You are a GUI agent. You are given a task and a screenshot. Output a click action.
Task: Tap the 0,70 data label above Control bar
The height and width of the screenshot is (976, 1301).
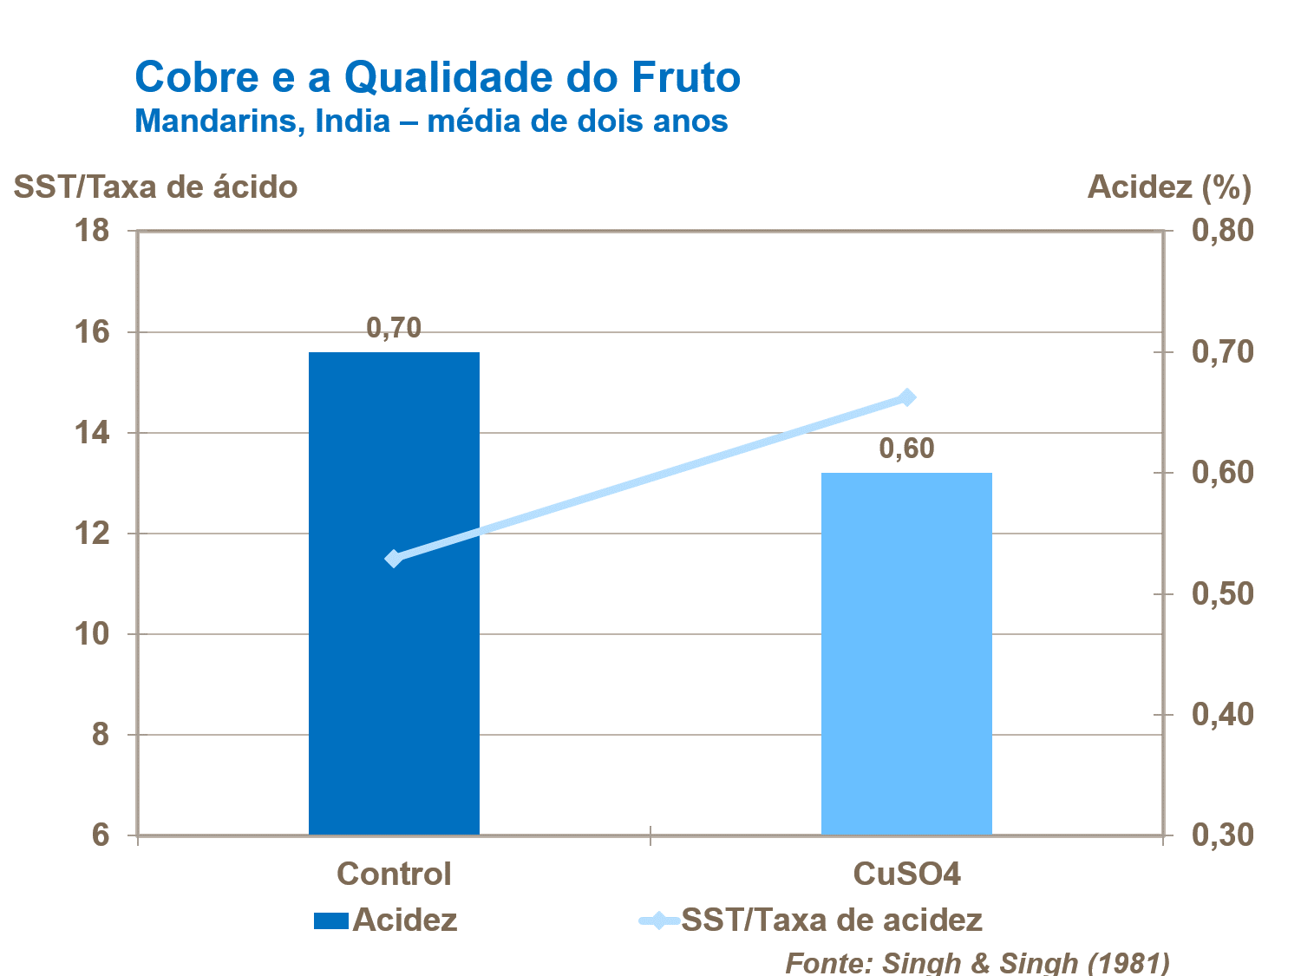pyautogui.click(x=394, y=328)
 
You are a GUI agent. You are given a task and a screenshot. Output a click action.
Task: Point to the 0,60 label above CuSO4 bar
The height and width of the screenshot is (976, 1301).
pyautogui.click(x=906, y=449)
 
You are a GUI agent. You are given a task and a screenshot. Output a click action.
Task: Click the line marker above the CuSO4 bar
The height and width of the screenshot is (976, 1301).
pyautogui.click(x=907, y=397)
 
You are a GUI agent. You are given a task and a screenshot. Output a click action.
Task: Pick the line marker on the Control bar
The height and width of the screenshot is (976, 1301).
pyautogui.click(x=394, y=559)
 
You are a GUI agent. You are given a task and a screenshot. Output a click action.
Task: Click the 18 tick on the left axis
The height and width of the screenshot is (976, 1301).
pyautogui.click(x=93, y=231)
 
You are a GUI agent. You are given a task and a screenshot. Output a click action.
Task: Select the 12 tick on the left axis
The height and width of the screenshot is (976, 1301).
pyautogui.click(x=93, y=534)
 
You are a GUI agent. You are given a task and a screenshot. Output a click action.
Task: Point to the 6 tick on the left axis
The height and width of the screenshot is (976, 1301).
pyautogui.click(x=101, y=835)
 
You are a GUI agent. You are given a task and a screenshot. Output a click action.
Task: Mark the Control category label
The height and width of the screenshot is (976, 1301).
pyautogui.click(x=394, y=874)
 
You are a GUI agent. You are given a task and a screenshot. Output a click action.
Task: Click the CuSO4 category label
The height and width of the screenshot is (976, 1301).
pyautogui.click(x=907, y=874)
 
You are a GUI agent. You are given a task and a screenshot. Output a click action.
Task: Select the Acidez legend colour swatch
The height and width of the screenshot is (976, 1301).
pyautogui.click(x=330, y=920)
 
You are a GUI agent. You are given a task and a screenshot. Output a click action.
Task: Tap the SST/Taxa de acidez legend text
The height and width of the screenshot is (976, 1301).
pyautogui.click(x=832, y=920)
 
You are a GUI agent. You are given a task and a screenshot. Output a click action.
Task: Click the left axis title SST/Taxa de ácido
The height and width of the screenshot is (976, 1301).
pyautogui.click(x=156, y=187)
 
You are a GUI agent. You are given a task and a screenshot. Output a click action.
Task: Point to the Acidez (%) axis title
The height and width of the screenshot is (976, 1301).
pyautogui.click(x=1169, y=187)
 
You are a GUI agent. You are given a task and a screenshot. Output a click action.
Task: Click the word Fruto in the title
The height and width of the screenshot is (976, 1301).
pyautogui.click(x=685, y=77)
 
